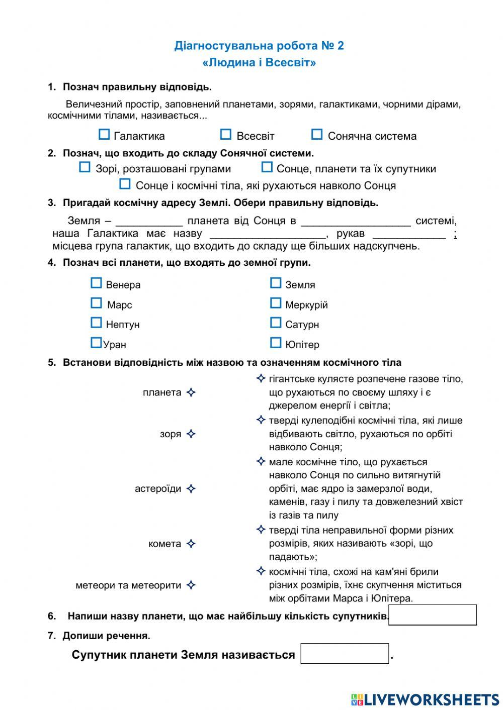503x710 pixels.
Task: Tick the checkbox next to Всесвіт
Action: pos(226,135)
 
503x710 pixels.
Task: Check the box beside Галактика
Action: pos(104,135)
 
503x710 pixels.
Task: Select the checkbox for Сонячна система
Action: pos(317,135)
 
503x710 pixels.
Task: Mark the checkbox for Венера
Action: pos(96,283)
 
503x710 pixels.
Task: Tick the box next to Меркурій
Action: pos(276,303)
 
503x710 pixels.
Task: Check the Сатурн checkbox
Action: pos(276,323)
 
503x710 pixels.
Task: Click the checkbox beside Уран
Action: pos(96,343)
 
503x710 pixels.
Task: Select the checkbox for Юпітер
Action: pos(276,343)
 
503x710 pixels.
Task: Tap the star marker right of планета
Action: pos(191,393)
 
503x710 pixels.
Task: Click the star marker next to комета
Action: pos(191,544)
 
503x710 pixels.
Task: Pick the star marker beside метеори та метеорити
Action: pos(191,585)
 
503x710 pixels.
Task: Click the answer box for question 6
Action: pos(433,615)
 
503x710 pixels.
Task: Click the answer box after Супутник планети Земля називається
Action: pos(345,654)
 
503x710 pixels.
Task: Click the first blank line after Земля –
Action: pos(149,222)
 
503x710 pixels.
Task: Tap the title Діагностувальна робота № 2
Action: pos(259,46)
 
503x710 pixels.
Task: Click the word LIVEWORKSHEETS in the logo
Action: pos(432,699)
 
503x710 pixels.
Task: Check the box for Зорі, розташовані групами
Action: pos(85,168)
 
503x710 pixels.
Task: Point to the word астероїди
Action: pos(158,489)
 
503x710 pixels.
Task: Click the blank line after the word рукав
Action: pos(409,235)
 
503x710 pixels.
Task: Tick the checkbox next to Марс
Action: pos(96,303)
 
